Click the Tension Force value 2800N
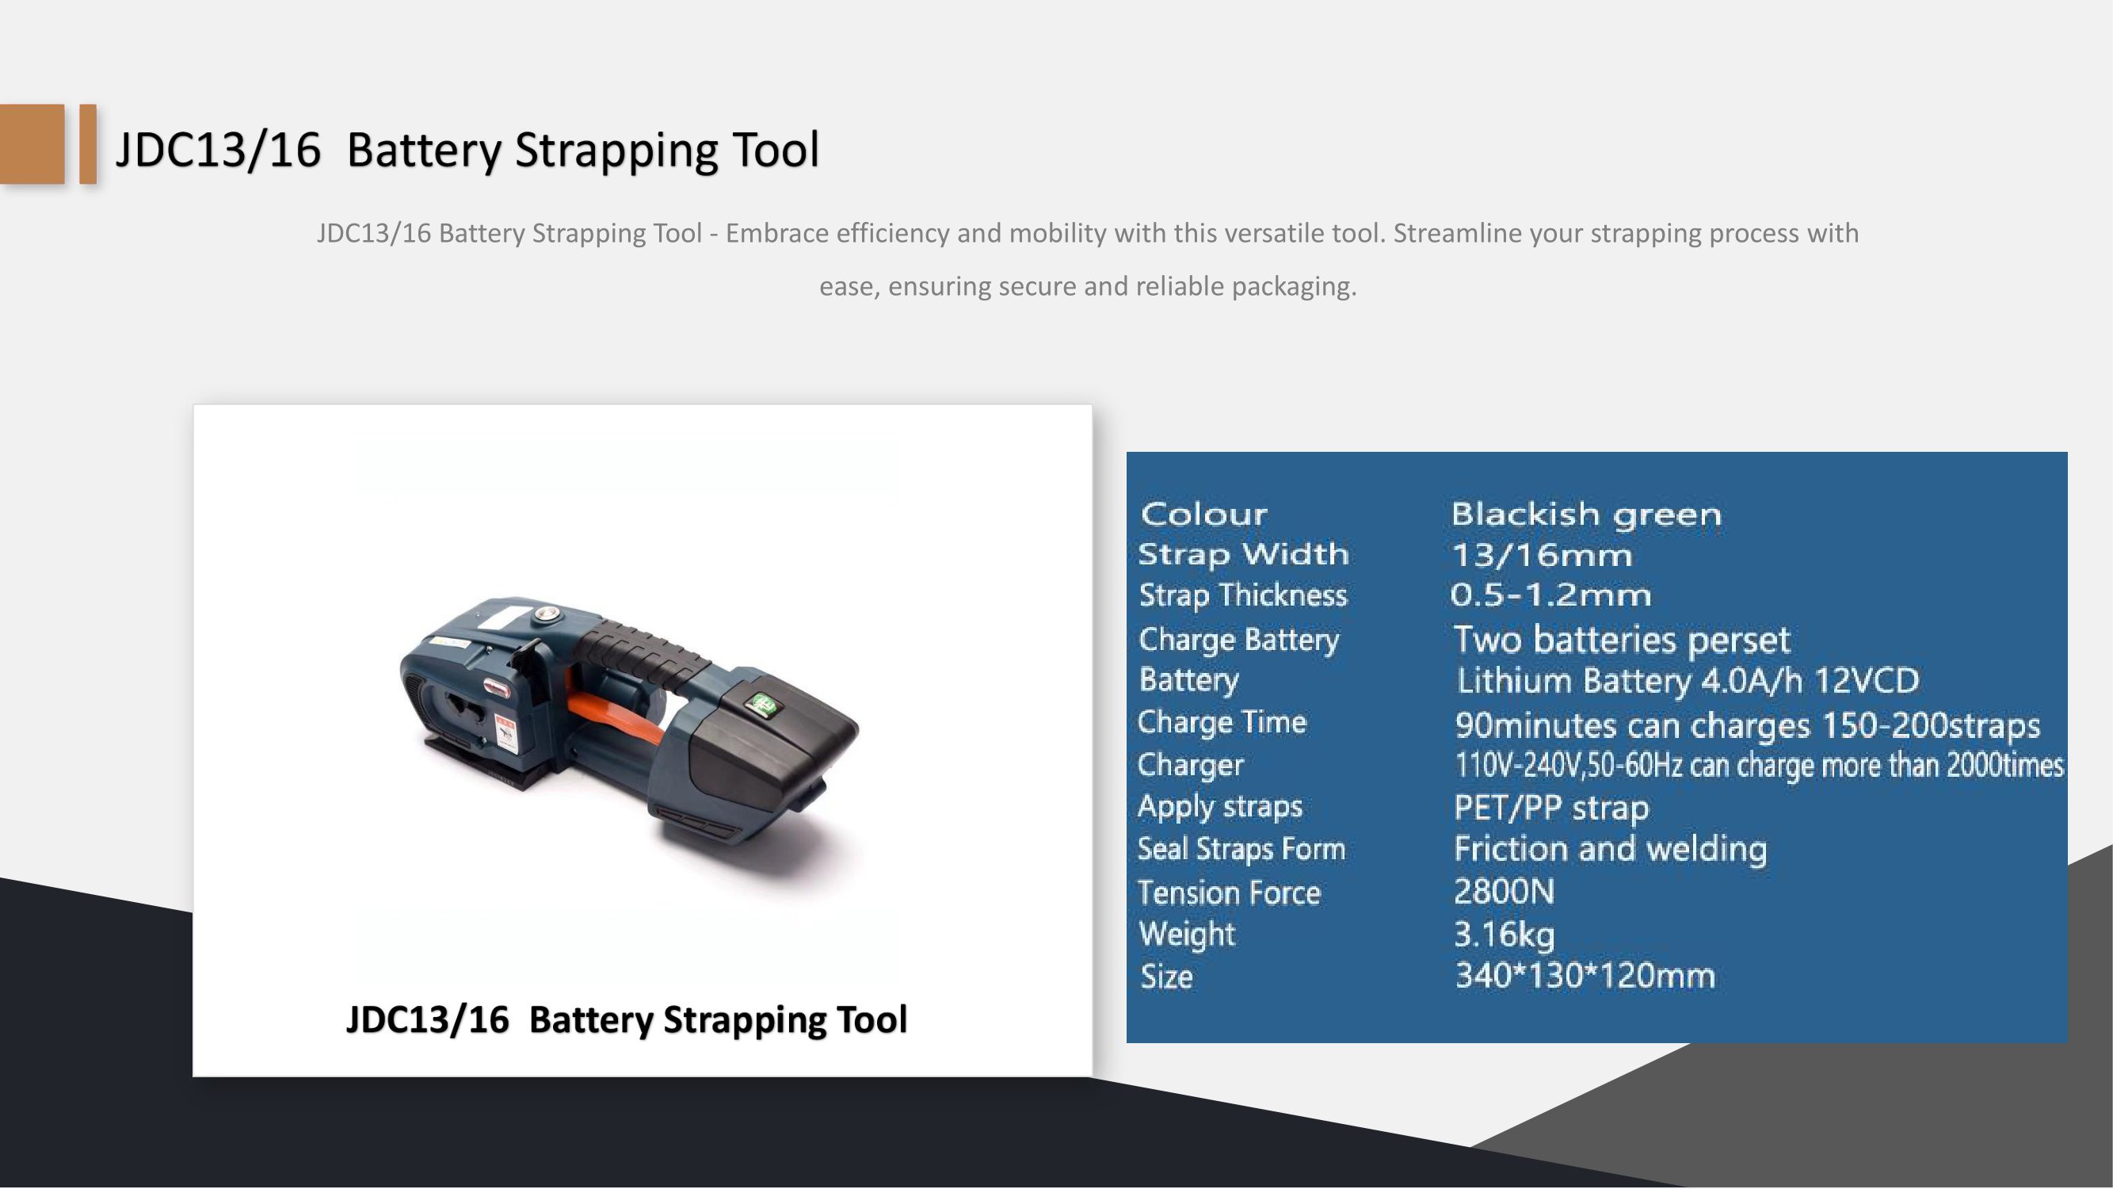pyautogui.click(x=1504, y=891)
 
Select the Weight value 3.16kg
pyautogui.click(x=1504, y=934)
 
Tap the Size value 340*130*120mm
pyautogui.click(x=1585, y=976)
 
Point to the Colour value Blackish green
pyautogui.click(x=1585, y=514)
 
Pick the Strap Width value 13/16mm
pyautogui.click(x=1542, y=556)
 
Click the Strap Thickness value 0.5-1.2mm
pyautogui.click(x=1550, y=595)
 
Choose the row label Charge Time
pyautogui.click(x=1222, y=722)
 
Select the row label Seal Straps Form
pyautogui.click(x=1241, y=848)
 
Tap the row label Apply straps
pyautogui.click(x=1220, y=807)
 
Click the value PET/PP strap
pyautogui.click(x=1551, y=809)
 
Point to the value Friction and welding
pyautogui.click(x=1610, y=849)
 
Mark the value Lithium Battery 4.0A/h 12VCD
pyautogui.click(x=1688, y=681)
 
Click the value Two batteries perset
pyautogui.click(x=1622, y=640)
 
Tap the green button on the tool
pyautogui.click(x=761, y=704)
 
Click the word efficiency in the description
pyautogui.click(x=889, y=234)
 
